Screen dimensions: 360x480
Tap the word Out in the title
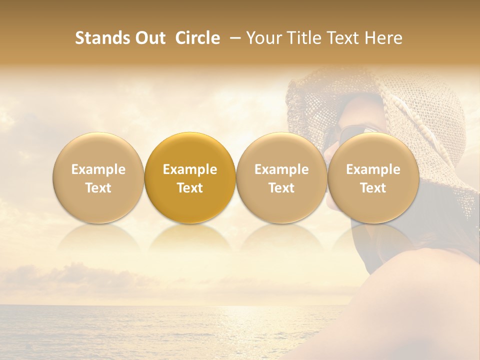pyautogui.click(x=149, y=38)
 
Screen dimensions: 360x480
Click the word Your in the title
pyautogui.click(x=262, y=38)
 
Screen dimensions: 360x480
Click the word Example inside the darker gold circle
pyautogui.click(x=190, y=169)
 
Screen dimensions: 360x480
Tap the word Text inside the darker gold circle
pyautogui.click(x=190, y=188)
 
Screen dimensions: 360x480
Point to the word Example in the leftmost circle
pyautogui.click(x=98, y=169)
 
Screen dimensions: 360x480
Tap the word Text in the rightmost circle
pyautogui.click(x=373, y=188)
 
